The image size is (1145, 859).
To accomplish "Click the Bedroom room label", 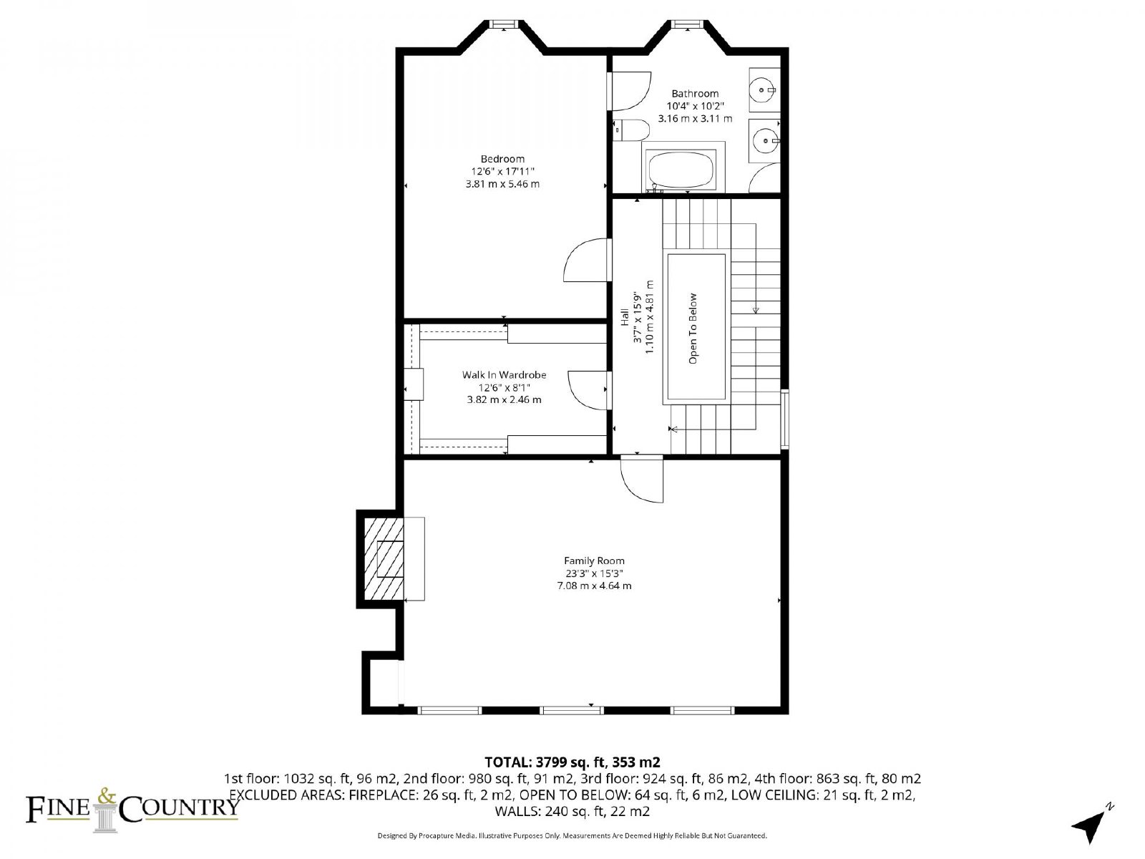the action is pos(502,159).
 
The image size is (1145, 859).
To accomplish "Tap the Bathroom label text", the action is pos(695,94).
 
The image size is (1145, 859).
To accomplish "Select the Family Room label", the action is pos(594,560).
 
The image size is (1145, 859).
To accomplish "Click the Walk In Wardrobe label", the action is pos(504,374).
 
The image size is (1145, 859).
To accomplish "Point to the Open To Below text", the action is pos(693,329).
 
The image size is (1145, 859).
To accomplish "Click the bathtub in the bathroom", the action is pos(681,170).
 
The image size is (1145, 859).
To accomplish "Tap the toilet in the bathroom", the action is pos(630,130).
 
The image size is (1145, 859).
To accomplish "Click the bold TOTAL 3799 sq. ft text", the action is pos(572,762).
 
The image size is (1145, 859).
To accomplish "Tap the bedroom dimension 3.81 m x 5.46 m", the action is pos(502,183).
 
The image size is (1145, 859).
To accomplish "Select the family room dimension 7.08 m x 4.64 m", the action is pos(594,586).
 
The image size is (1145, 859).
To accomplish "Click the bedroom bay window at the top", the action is pos(503,24).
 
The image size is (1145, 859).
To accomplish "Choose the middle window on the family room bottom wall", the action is pos(572,710).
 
